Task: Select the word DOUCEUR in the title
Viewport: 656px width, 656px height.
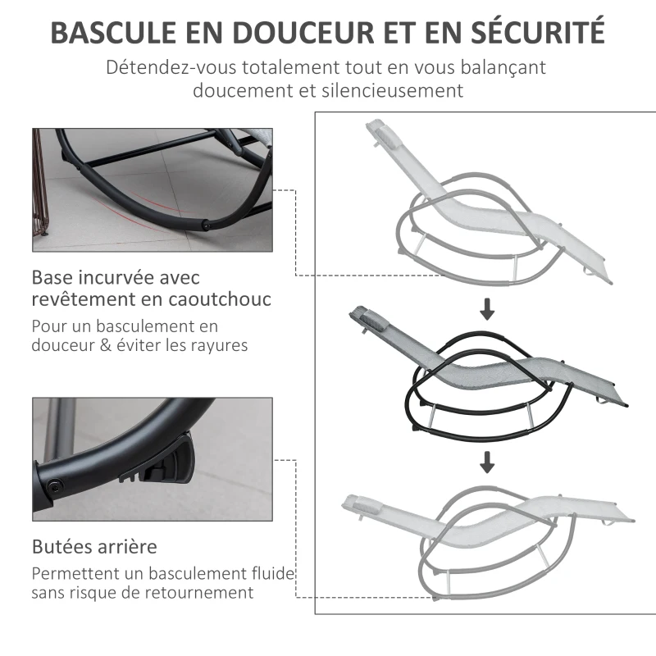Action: pos(302,33)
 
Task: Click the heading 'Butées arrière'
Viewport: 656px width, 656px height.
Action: pos(94,546)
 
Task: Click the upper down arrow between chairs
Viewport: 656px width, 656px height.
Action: pos(488,309)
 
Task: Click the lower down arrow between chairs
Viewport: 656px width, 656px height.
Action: pos(488,463)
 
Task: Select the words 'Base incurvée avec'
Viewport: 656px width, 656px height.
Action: pos(116,278)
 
